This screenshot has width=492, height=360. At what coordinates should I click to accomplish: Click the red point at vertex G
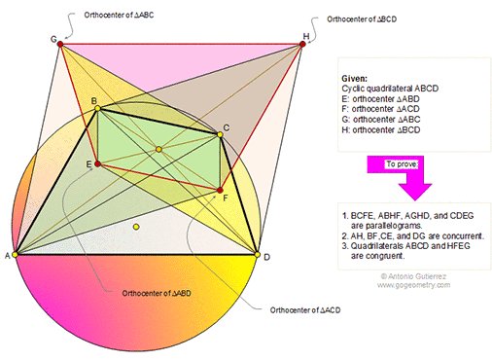[x=60, y=44]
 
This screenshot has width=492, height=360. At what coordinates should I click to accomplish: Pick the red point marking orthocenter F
[x=221, y=191]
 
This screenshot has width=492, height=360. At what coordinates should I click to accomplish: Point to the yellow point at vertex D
[x=257, y=254]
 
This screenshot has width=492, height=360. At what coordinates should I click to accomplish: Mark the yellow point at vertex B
[x=97, y=109]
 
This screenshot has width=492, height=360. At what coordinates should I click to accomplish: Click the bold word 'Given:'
[x=355, y=77]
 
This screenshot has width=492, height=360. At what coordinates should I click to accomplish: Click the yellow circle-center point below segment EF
[x=136, y=227]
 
